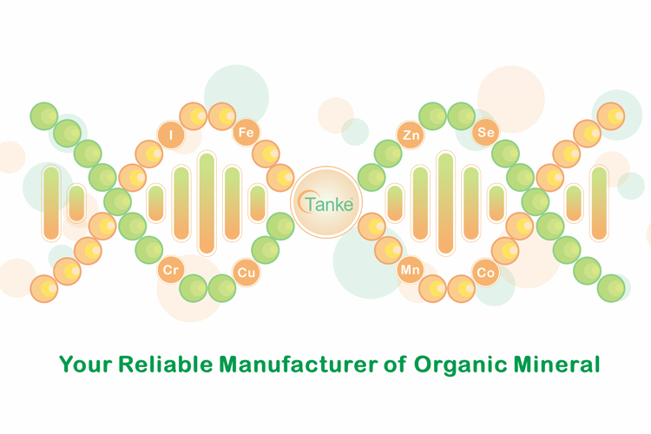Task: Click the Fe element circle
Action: click(x=246, y=133)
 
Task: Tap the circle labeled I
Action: click(x=171, y=135)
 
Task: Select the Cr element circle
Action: click(x=171, y=270)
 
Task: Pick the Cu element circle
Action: click(x=247, y=273)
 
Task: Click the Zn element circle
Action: click(x=411, y=135)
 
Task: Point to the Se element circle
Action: click(x=486, y=133)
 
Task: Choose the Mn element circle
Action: click(x=411, y=270)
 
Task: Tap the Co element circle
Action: click(x=486, y=273)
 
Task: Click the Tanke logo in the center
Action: click(x=326, y=202)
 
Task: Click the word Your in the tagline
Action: click(x=86, y=365)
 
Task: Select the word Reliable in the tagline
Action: click(x=166, y=365)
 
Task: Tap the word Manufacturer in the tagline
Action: click(x=299, y=365)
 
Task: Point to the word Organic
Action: click(x=460, y=365)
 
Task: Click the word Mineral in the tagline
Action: click(x=556, y=365)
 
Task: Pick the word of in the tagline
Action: click(x=395, y=365)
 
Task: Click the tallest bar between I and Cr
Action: click(x=207, y=203)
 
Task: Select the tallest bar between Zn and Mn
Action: click(x=445, y=203)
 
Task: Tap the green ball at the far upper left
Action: click(x=44, y=115)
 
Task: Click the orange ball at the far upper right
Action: click(x=611, y=115)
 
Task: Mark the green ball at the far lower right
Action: click(x=611, y=288)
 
